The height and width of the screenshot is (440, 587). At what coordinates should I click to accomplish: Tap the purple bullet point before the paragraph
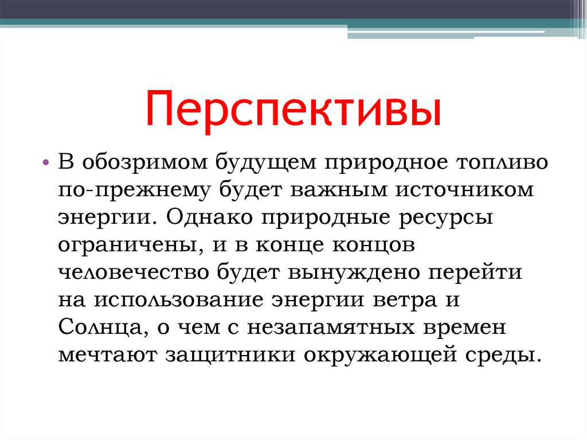(x=46, y=163)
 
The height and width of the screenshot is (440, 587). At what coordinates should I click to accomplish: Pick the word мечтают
(x=107, y=354)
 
